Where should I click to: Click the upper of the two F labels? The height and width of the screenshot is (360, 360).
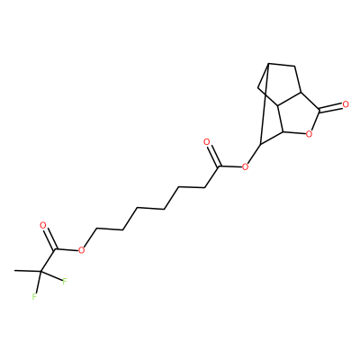tap(65, 282)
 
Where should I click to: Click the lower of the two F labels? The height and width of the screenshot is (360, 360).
tap(34, 297)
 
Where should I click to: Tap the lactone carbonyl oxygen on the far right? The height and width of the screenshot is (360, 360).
tap(346, 104)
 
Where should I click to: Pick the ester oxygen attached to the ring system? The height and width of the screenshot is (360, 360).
tap(245, 166)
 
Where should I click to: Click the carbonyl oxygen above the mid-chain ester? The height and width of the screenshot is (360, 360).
tap(206, 142)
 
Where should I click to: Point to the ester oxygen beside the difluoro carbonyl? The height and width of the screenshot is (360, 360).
tap(81, 250)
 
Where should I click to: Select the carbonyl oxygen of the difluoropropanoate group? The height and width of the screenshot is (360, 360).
tap(42, 225)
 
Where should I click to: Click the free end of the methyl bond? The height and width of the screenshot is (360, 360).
tap(14, 271)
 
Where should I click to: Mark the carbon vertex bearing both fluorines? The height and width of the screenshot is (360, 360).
tap(40, 272)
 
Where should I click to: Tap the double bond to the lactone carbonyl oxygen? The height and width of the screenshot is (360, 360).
tap(331, 108)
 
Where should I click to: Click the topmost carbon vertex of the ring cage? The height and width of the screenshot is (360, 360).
tap(268, 64)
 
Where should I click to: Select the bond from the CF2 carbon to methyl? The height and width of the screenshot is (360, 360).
tap(28, 271)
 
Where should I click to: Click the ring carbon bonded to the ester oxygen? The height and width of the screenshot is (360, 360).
tap(260, 145)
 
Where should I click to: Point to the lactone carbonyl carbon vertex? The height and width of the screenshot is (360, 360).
tap(320, 112)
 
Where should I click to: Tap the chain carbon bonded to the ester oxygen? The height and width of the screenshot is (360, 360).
tap(96, 229)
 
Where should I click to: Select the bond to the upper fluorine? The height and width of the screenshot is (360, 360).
tap(51, 276)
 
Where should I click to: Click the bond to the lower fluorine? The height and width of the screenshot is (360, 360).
tap(38, 283)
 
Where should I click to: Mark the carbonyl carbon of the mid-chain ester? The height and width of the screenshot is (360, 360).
tap(220, 166)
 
